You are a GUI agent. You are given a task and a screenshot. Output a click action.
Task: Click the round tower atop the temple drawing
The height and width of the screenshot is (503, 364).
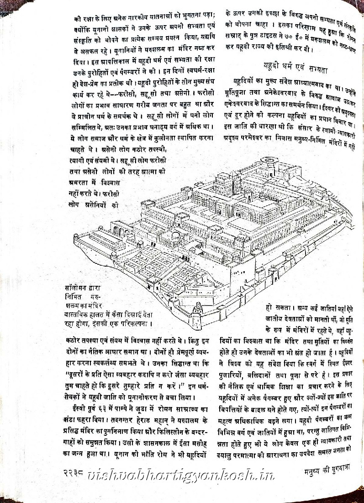point(267,161)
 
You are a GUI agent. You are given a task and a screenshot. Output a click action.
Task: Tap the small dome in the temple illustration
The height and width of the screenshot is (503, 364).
point(176,235)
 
